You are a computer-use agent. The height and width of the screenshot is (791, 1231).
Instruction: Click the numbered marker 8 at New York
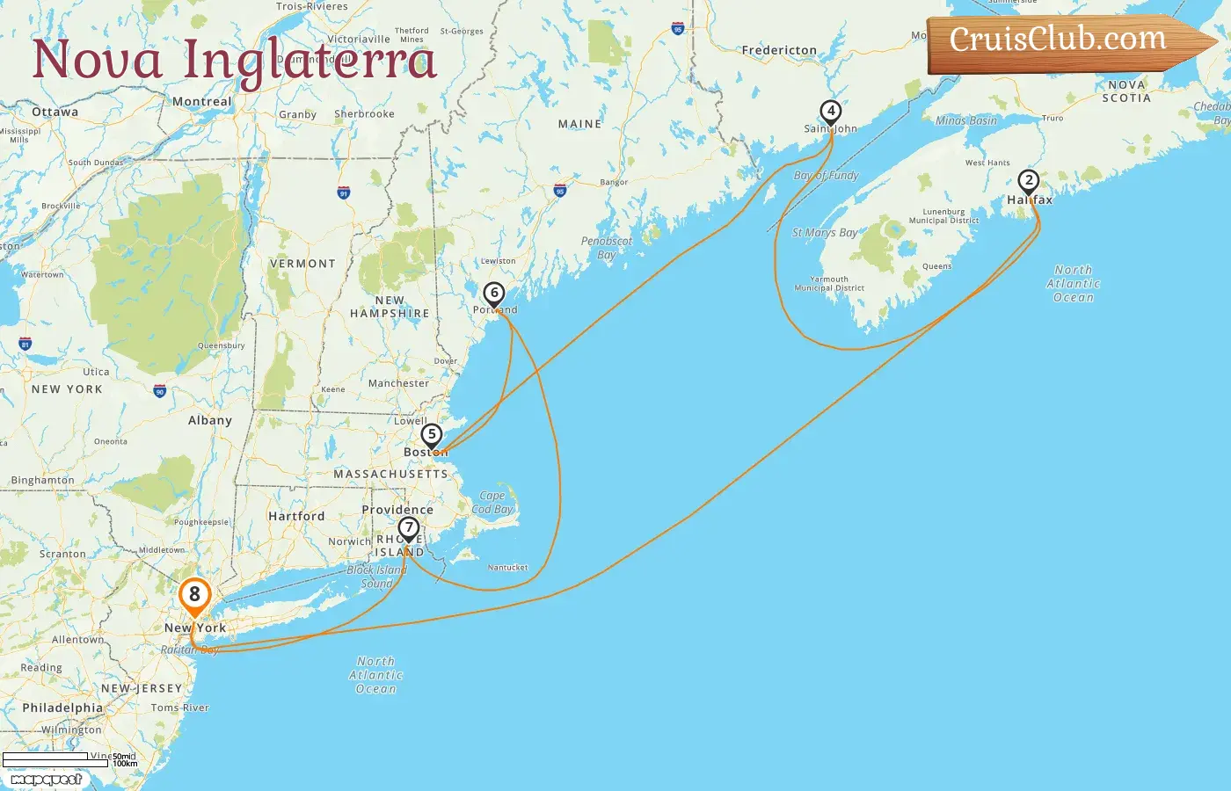[194, 595]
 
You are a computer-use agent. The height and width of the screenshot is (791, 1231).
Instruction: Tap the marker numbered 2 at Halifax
[1028, 181]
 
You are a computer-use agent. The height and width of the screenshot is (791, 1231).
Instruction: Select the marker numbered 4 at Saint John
[830, 112]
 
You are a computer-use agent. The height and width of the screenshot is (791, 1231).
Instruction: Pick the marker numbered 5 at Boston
[431, 435]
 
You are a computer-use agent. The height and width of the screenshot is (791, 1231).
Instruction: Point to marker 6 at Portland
[494, 294]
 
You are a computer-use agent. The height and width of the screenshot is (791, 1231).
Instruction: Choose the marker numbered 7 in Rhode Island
[408, 528]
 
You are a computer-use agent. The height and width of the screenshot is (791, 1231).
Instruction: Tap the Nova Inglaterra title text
[234, 60]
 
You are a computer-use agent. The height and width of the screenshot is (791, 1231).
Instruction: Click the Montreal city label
[202, 102]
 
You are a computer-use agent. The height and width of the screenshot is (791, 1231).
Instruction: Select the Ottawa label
[55, 112]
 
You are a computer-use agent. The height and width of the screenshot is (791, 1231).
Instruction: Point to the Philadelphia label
[62, 708]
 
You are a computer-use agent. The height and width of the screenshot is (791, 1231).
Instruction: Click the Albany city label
[210, 420]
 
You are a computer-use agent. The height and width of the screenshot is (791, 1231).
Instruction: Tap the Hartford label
[296, 516]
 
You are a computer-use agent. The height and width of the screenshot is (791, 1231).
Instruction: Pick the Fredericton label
[779, 50]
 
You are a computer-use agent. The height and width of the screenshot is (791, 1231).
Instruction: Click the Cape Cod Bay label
[492, 502]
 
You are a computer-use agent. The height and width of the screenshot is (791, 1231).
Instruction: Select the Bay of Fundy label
[826, 176]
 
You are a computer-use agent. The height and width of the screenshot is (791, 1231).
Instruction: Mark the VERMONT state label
[302, 264]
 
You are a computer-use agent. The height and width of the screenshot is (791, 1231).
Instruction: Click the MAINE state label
[579, 124]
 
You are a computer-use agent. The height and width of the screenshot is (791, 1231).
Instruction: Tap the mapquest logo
[46, 780]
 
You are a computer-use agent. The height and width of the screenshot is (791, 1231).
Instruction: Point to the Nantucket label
[507, 568]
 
